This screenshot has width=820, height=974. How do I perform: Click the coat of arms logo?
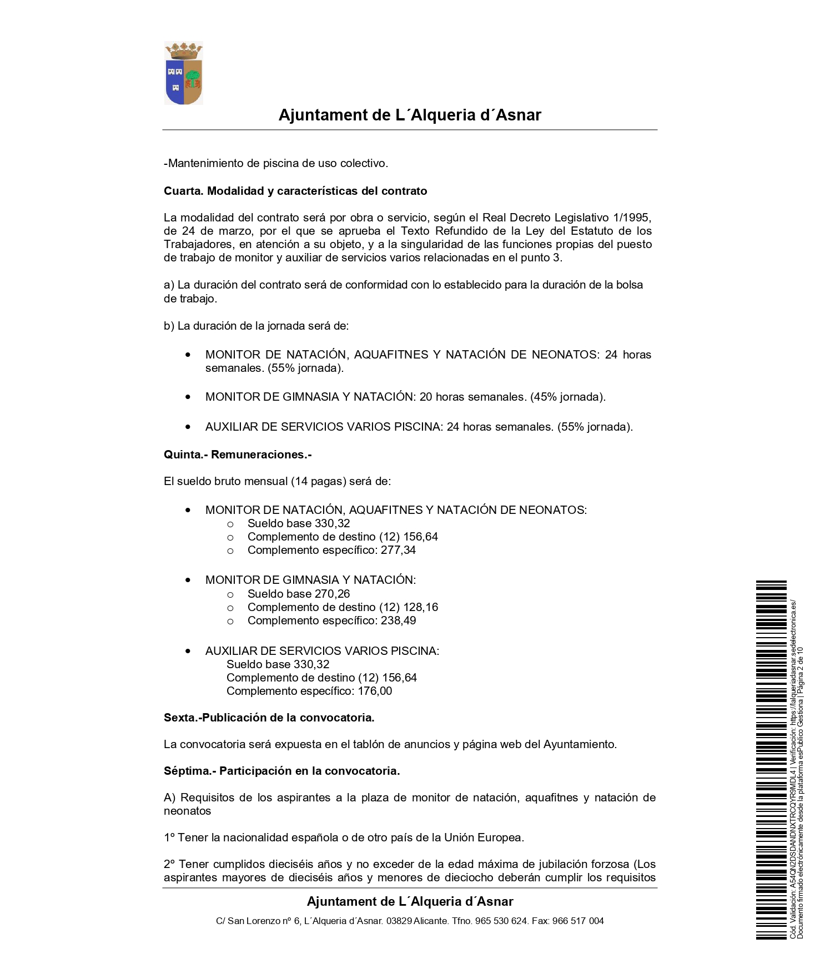(184, 73)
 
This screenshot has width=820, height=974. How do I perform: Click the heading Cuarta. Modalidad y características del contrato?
(295, 191)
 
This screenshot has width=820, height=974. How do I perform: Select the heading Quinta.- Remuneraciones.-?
(238, 455)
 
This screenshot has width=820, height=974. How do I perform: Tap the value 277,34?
(398, 550)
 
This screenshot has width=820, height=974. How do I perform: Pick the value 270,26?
(332, 593)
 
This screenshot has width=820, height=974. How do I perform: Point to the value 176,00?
(375, 691)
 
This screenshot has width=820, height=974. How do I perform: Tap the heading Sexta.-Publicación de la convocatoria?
(269, 718)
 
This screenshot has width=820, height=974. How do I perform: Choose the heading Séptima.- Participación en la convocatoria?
(282, 771)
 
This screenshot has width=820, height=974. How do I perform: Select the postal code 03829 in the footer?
(399, 921)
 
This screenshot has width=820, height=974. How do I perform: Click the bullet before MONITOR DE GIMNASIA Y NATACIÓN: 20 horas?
(188, 397)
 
